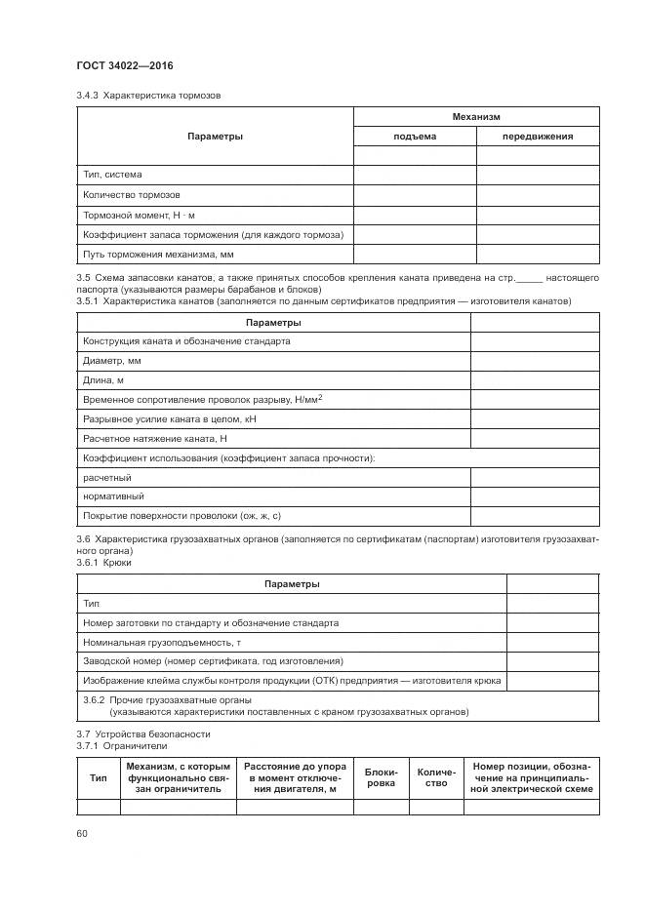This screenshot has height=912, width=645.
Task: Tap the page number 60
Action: (x=82, y=832)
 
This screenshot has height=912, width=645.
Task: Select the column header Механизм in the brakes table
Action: (x=475, y=116)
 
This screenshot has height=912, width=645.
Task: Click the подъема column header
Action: (x=414, y=137)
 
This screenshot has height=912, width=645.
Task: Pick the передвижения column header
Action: (x=537, y=137)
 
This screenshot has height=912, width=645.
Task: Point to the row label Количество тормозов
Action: (x=131, y=194)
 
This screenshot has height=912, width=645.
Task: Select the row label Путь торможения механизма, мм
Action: (x=158, y=254)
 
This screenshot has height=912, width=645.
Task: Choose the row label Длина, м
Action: (x=103, y=380)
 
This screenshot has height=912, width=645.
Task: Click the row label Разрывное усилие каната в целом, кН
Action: (x=168, y=419)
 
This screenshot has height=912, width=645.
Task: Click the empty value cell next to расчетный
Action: (x=535, y=477)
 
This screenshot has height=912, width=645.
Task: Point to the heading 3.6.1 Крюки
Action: (x=103, y=563)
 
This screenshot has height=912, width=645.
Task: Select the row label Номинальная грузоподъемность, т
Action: (x=162, y=643)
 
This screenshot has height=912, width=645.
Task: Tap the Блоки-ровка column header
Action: (x=381, y=777)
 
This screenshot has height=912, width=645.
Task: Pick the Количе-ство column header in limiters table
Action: (x=436, y=777)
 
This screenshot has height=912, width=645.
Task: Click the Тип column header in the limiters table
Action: (x=99, y=777)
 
